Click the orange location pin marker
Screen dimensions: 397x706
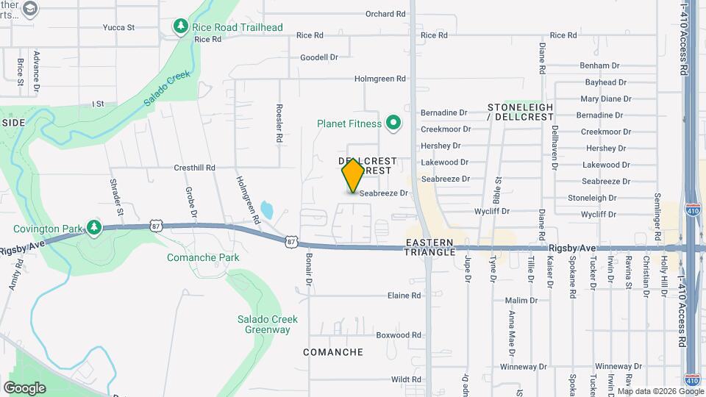(353, 175)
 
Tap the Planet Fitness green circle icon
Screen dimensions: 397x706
(393, 123)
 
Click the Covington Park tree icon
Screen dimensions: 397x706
(93, 228)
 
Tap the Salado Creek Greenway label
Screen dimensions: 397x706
(263, 324)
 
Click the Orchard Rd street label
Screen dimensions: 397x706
(385, 14)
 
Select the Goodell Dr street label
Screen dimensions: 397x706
(318, 57)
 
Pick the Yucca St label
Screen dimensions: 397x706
(119, 28)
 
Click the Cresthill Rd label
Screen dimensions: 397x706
(194, 168)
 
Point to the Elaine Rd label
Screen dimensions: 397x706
(404, 296)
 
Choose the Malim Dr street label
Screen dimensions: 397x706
(522, 301)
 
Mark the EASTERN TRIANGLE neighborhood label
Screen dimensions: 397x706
(430, 246)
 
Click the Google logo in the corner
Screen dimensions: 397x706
(24, 387)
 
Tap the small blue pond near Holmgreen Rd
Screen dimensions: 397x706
(266, 211)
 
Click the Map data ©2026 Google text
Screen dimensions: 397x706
(660, 391)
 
